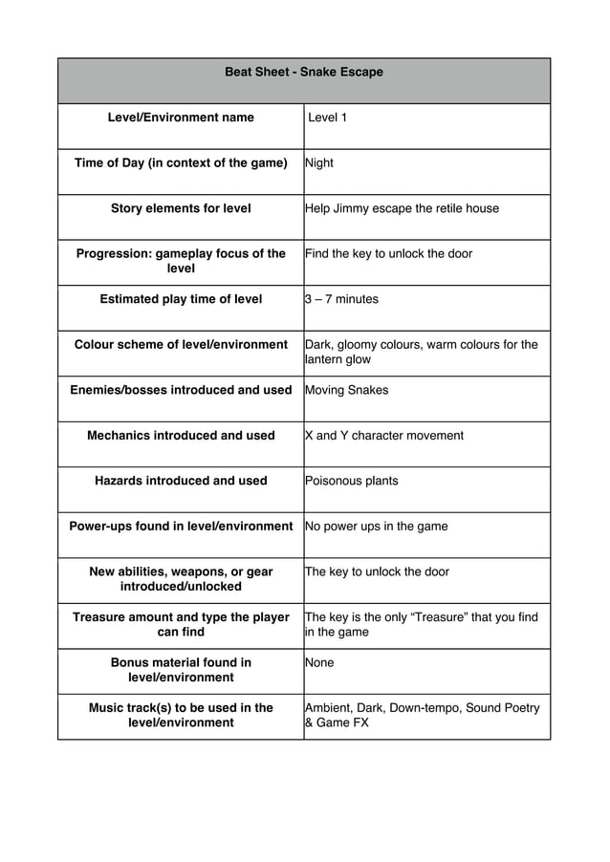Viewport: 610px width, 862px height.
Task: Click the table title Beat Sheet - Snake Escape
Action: [303, 72]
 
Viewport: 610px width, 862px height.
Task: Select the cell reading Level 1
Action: [328, 118]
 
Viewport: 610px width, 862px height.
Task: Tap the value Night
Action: [319, 162]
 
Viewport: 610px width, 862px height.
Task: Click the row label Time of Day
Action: [181, 162]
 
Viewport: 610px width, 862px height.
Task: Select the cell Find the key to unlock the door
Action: [388, 253]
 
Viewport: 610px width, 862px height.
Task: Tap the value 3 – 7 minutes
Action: [341, 299]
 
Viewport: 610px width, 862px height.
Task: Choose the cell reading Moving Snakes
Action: [346, 390]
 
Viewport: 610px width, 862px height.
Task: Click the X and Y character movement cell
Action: [384, 435]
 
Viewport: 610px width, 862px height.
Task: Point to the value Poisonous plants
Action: [352, 481]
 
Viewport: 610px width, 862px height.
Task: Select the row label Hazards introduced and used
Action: [181, 481]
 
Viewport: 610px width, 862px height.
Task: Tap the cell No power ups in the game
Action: [377, 526]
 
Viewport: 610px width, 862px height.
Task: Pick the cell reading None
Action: [319, 662]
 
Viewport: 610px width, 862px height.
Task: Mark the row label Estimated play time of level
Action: [181, 299]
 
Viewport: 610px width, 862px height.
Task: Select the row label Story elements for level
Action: [181, 208]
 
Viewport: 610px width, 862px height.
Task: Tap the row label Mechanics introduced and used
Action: [181, 435]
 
